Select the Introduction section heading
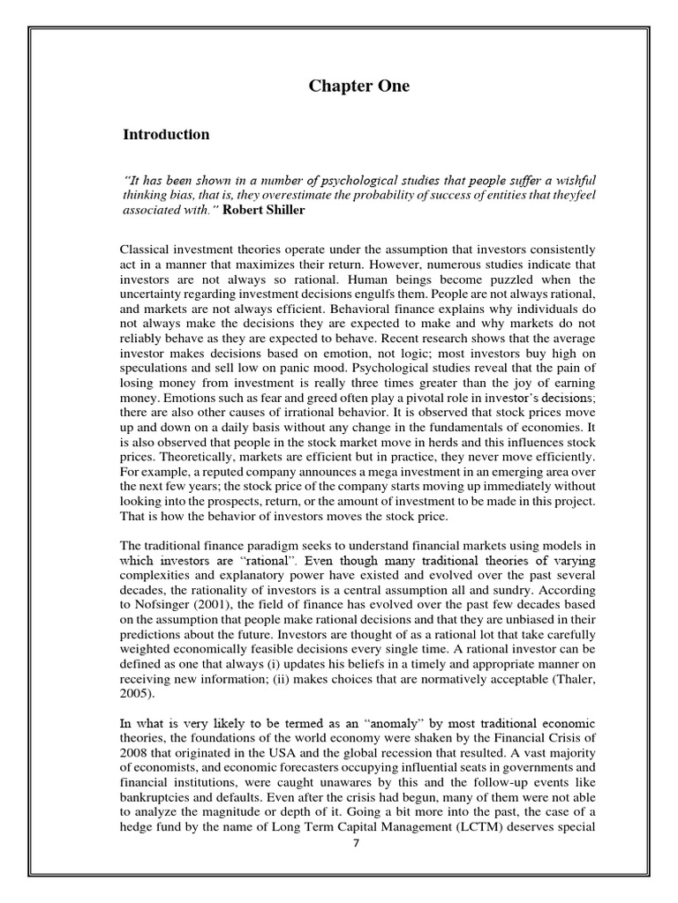click(x=166, y=135)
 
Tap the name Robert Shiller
click(x=265, y=211)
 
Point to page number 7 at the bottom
click(x=356, y=842)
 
